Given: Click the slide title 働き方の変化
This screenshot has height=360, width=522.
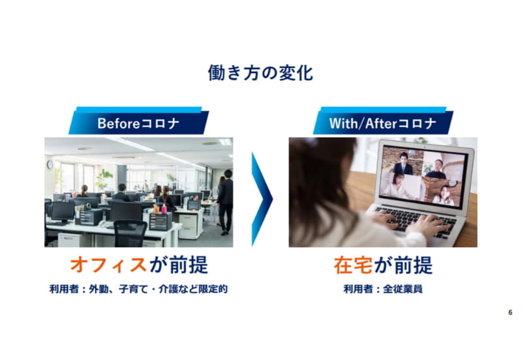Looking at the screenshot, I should point(260,72).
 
